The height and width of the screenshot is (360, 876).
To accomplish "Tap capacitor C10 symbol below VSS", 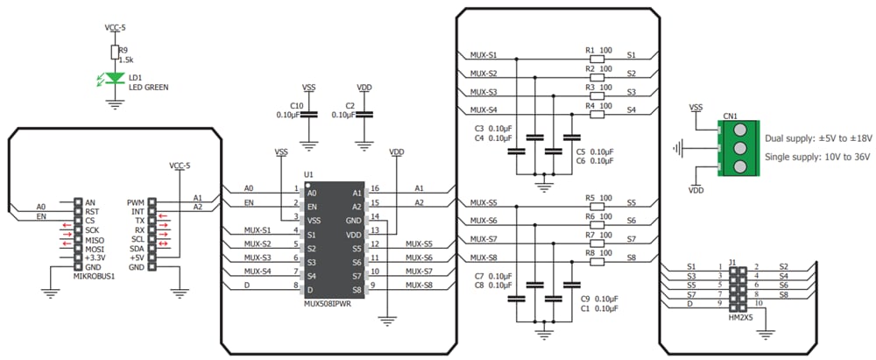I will point(308,115).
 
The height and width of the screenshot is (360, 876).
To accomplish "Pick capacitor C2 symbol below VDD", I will point(364,115).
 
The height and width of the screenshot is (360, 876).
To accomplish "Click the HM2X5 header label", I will point(741,316).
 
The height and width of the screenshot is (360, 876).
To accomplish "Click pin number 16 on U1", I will point(375,188).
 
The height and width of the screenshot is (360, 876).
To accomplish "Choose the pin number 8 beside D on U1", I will point(296,285).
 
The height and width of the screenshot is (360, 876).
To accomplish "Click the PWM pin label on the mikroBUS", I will point(135,202).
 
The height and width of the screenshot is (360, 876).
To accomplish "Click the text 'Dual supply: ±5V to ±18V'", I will point(818,138).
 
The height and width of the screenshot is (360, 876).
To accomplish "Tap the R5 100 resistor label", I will point(597,198).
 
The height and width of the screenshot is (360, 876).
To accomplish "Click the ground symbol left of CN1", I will point(680,147).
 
